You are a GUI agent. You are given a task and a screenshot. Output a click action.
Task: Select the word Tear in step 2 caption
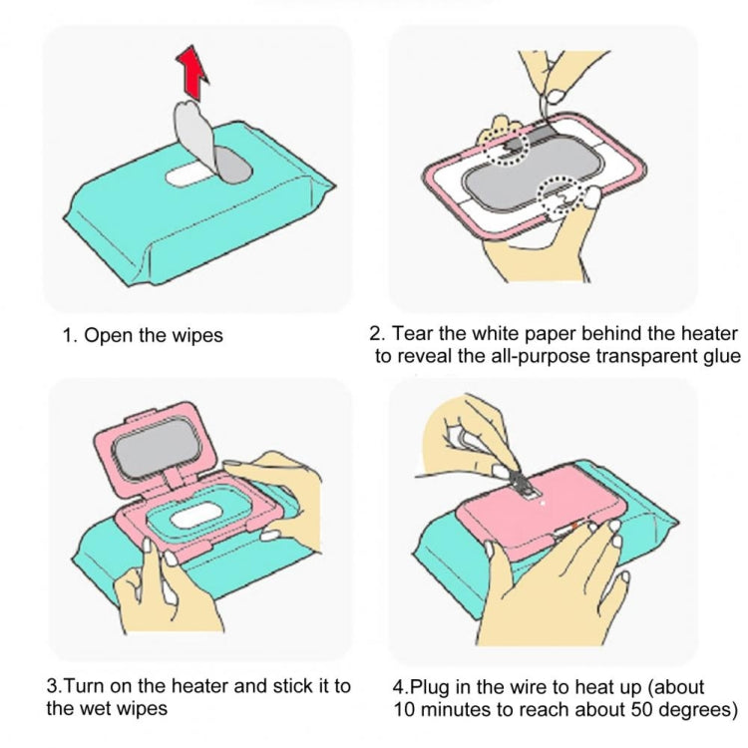[x=413, y=333]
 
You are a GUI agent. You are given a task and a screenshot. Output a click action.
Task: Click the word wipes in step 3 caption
[x=140, y=708]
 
